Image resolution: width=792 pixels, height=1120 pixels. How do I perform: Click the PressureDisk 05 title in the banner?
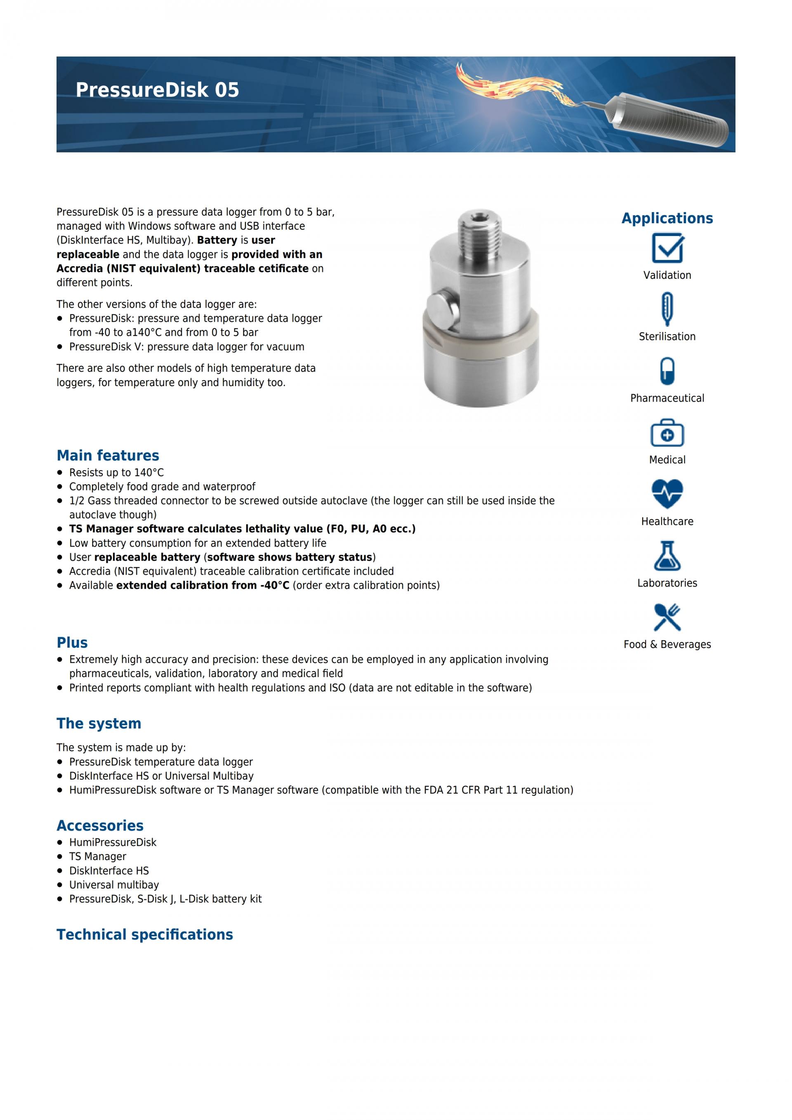tap(157, 90)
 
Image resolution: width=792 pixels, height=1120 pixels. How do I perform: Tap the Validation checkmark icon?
tap(667, 248)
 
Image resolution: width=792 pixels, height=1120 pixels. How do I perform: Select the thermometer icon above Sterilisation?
tap(667, 309)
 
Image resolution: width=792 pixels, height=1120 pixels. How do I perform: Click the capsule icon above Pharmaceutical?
tap(667, 371)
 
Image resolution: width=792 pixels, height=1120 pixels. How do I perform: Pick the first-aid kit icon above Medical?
tap(667, 433)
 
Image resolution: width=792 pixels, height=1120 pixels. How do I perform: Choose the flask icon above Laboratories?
tap(667, 556)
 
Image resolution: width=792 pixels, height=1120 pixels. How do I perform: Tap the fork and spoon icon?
tap(667, 617)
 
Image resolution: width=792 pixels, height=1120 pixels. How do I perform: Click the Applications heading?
tap(667, 218)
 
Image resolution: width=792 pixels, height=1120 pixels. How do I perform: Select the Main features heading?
tap(108, 455)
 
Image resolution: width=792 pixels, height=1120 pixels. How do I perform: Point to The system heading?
tap(99, 724)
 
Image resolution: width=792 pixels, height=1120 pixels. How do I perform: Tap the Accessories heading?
tap(100, 825)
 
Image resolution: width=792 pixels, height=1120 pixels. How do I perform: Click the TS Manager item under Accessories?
tap(97, 856)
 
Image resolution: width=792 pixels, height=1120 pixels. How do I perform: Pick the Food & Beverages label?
tap(667, 644)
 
